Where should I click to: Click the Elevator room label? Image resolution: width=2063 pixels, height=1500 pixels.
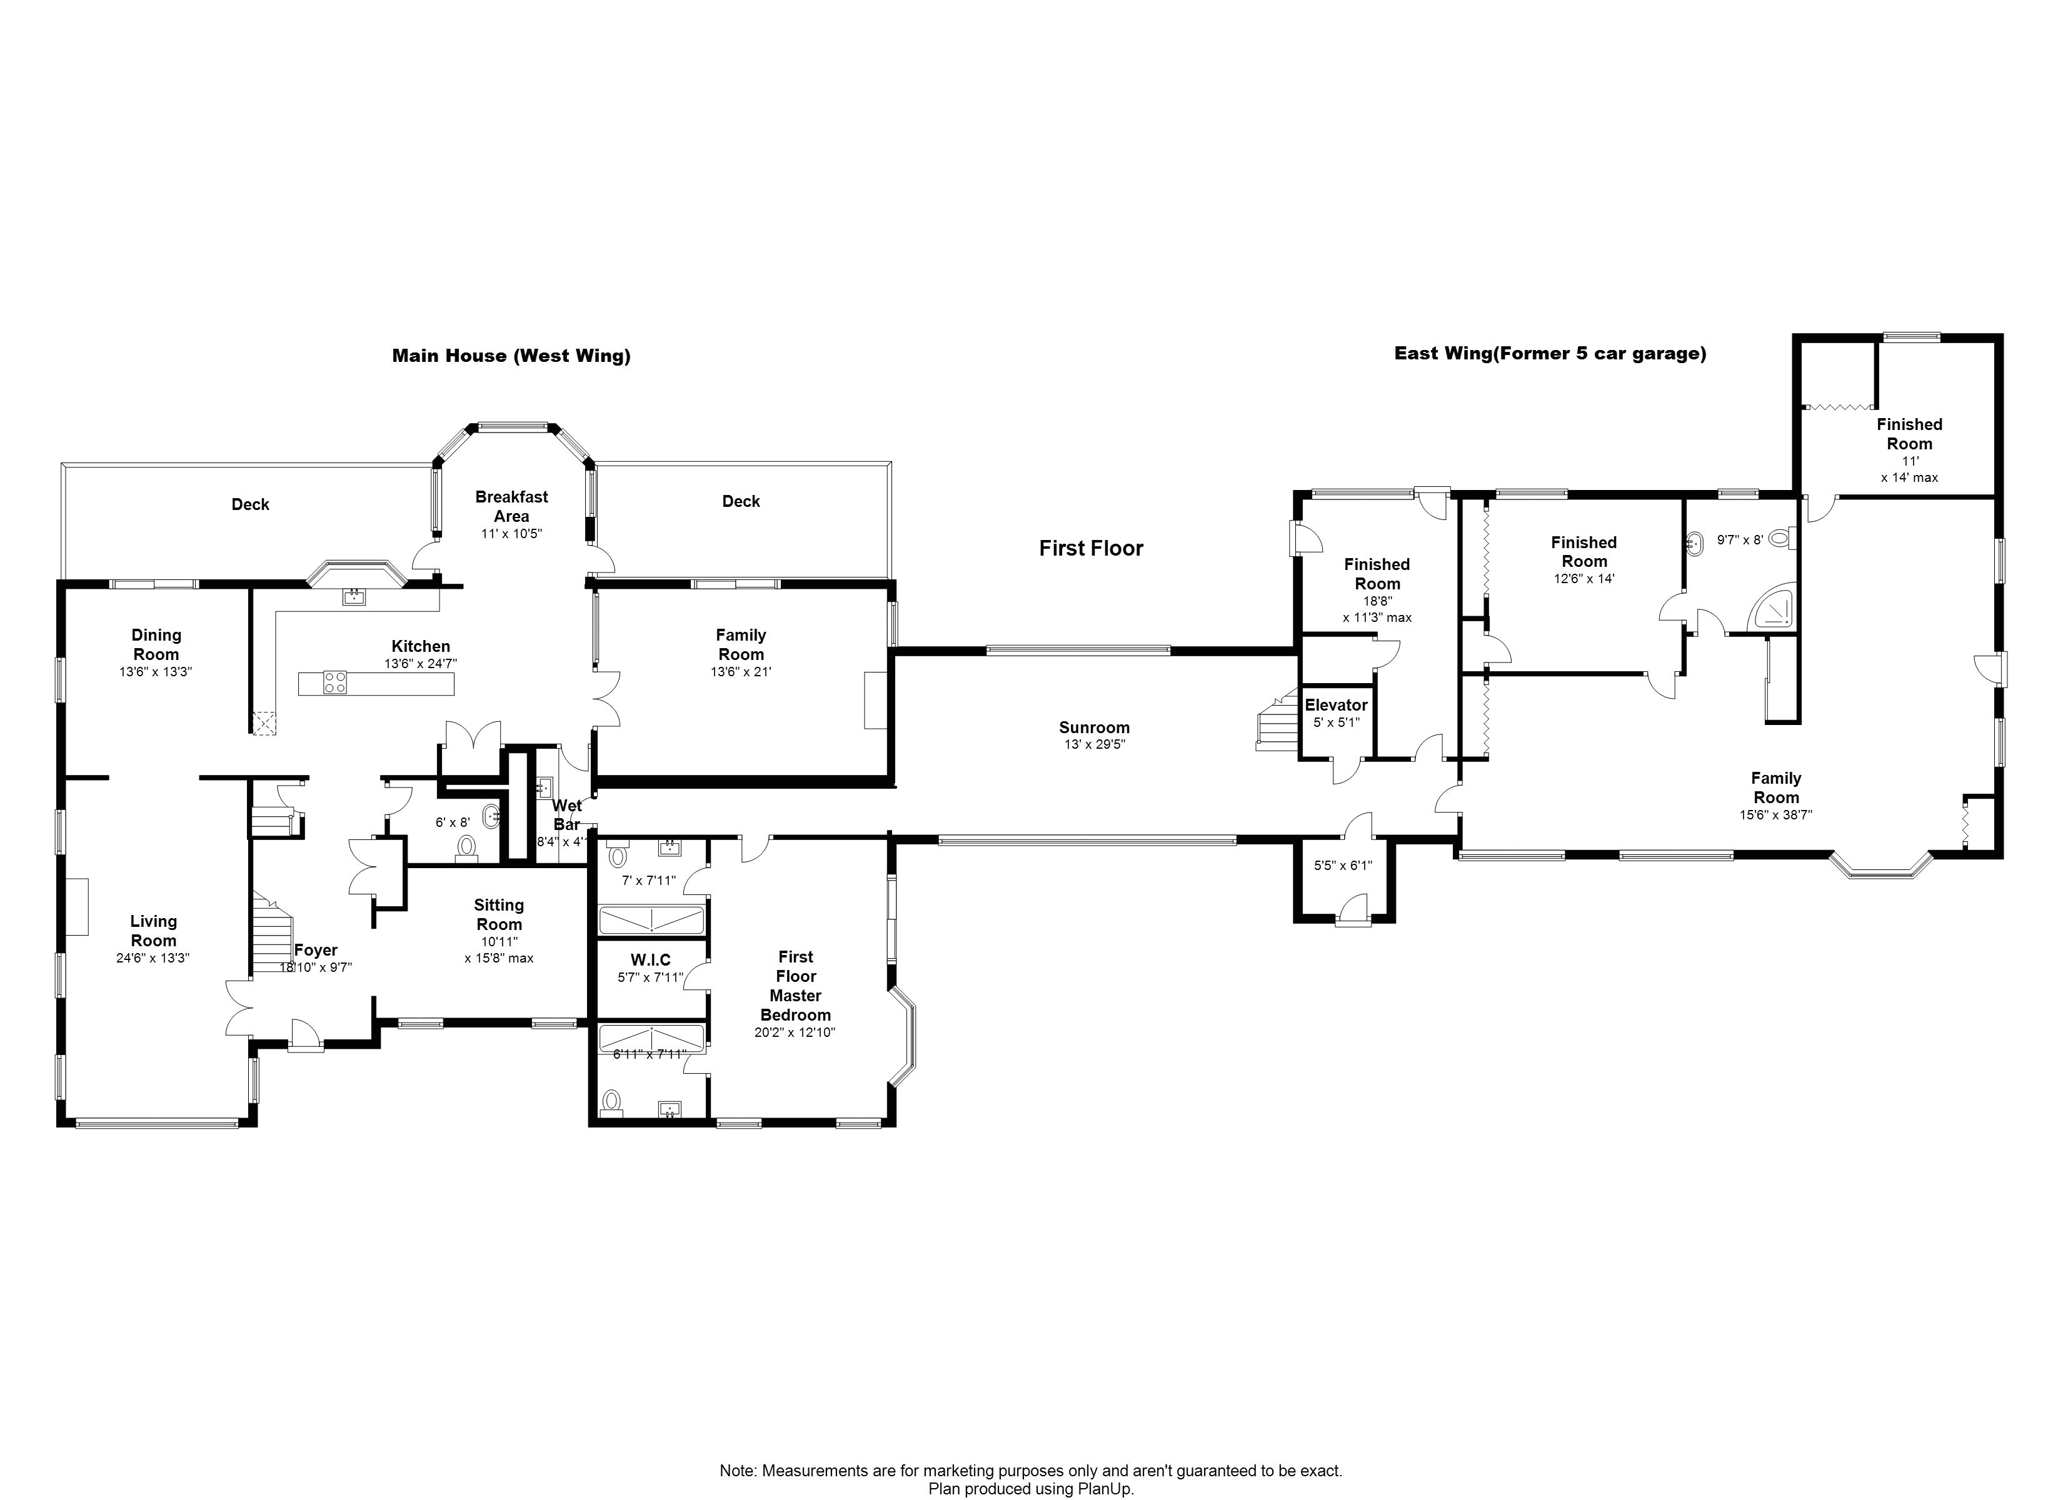point(1335,705)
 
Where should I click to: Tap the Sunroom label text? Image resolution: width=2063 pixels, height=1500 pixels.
point(1094,727)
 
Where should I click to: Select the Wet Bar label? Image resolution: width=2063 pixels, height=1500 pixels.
point(566,815)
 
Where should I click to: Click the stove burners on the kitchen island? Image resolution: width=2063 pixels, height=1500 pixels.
point(334,682)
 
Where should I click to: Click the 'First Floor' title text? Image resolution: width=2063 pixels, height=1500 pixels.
point(1092,549)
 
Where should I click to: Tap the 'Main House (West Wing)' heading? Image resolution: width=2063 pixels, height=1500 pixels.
point(511,356)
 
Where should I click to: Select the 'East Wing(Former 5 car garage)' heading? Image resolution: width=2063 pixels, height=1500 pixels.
point(1550,353)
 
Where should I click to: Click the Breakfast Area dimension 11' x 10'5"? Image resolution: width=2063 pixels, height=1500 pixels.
point(511,534)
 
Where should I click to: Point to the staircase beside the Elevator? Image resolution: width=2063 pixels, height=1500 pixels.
point(1277,721)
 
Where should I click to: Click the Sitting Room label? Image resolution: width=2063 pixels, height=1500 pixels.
point(499,914)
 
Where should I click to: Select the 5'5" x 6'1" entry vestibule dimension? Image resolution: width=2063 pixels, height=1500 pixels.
point(1343,866)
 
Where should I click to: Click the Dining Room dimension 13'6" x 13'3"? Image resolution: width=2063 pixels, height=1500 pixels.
point(156,672)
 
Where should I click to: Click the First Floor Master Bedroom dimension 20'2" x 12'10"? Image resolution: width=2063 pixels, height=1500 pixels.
point(795,1032)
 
